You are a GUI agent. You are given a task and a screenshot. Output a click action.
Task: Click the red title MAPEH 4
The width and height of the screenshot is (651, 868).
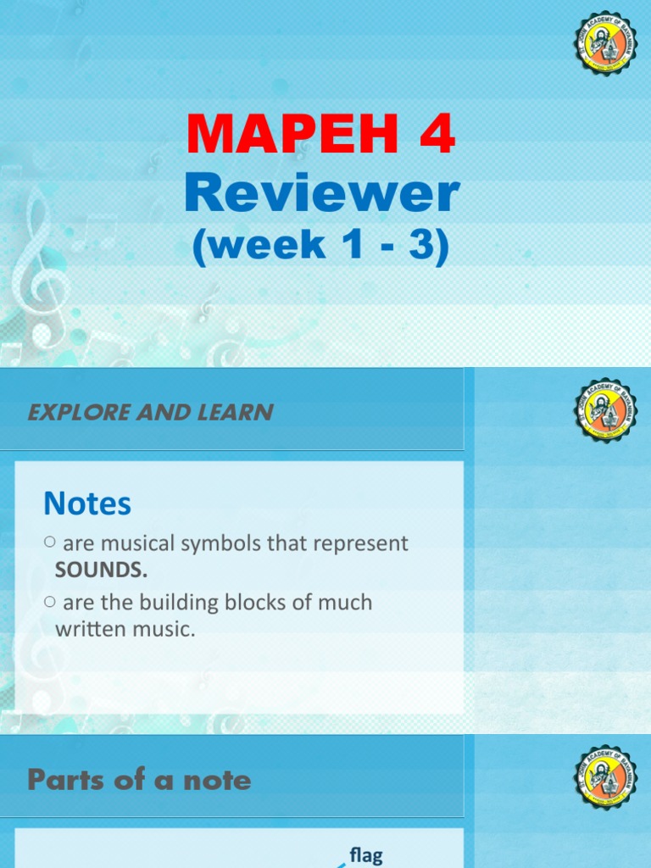(x=321, y=135)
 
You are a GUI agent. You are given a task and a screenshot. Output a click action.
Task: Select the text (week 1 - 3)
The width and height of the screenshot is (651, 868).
(x=321, y=246)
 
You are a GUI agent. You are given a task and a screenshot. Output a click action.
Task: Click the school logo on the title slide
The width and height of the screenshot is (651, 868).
(x=604, y=43)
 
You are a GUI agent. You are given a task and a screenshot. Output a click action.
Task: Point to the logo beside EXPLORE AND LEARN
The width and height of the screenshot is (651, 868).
(x=604, y=410)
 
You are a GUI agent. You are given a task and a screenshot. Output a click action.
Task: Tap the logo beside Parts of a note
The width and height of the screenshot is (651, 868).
(x=604, y=777)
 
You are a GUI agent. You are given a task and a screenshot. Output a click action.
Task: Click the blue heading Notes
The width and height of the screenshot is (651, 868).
(x=87, y=504)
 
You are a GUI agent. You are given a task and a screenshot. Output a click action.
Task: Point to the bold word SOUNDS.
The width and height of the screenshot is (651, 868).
(x=101, y=570)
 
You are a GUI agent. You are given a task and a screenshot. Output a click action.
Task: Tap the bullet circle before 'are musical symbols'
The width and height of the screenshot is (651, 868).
(x=49, y=542)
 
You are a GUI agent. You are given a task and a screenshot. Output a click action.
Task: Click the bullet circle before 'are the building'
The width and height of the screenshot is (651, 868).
(x=49, y=602)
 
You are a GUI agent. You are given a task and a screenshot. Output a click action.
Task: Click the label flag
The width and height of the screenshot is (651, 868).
(x=366, y=855)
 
